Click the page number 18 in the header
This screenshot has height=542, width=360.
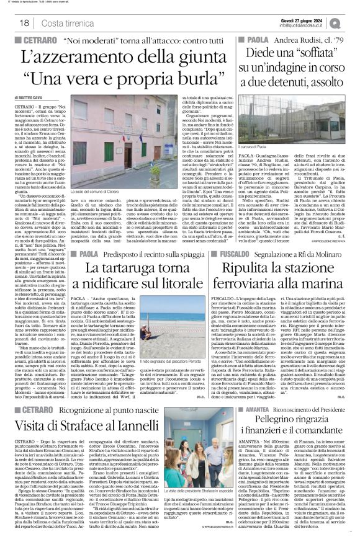point(24,23)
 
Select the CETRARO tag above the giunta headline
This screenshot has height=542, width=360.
point(42,40)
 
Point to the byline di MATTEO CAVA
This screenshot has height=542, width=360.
point(30,98)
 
